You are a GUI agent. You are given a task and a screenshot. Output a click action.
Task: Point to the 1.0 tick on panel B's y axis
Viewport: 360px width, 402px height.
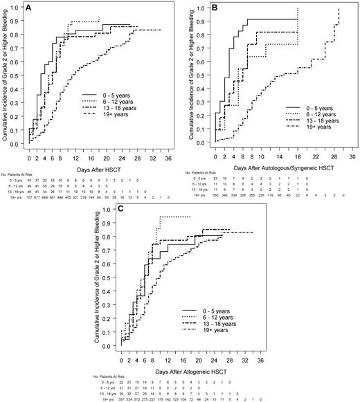206,9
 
